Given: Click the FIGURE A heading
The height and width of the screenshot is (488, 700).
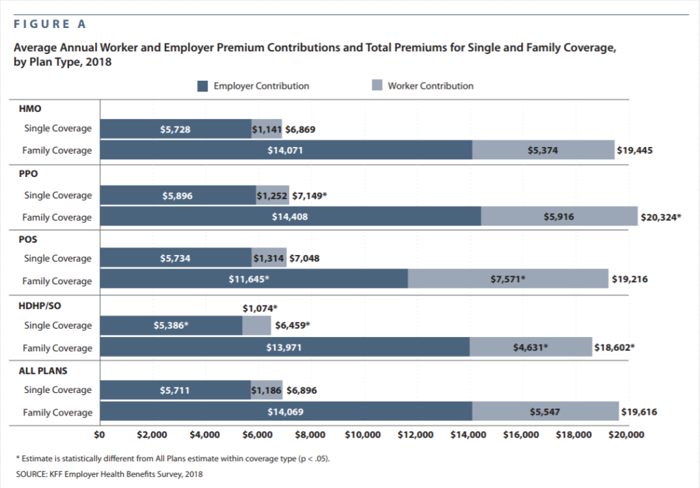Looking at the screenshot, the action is click(x=49, y=24).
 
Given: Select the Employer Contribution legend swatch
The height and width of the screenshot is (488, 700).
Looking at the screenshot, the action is click(x=202, y=86).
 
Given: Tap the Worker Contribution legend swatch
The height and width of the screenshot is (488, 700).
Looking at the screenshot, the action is click(x=377, y=85).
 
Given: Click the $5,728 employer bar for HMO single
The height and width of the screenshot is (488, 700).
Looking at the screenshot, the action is click(x=176, y=129).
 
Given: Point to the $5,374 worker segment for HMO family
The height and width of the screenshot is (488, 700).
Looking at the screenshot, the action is click(x=543, y=150).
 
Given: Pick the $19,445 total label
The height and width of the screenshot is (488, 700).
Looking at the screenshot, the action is click(x=634, y=150).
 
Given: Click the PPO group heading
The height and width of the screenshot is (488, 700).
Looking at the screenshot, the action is click(x=28, y=174).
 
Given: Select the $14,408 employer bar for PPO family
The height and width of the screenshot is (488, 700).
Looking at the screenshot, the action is click(x=291, y=217).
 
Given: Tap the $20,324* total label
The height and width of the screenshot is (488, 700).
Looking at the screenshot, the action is click(x=661, y=217).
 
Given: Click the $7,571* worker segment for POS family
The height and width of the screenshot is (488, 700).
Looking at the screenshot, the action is click(x=508, y=279).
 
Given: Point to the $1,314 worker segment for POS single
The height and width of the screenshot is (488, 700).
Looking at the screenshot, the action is click(x=269, y=258).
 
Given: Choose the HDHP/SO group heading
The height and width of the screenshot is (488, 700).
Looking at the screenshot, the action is click(x=40, y=306).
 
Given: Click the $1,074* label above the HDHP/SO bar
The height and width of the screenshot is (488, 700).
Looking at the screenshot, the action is click(x=260, y=308).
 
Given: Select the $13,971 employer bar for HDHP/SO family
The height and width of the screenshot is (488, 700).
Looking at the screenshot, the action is click(x=285, y=347).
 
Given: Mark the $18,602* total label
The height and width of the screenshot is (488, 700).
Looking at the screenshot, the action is click(x=615, y=347).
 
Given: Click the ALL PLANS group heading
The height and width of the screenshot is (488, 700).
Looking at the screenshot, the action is click(x=43, y=371).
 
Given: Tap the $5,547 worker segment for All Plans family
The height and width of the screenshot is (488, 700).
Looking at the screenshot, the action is click(x=546, y=411).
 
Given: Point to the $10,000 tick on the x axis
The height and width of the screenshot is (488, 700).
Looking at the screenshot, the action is click(x=362, y=435).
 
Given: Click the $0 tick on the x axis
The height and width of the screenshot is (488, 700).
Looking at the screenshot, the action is click(x=99, y=435).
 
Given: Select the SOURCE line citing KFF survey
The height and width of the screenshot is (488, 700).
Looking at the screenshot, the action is click(x=109, y=474).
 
